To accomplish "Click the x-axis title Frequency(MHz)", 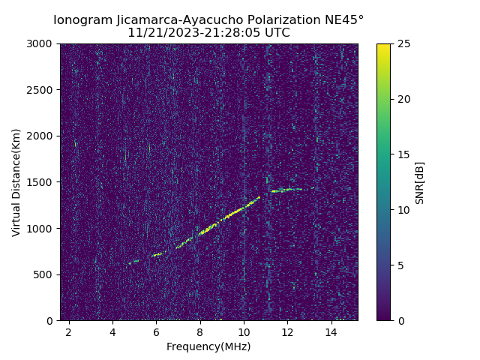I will pyautogui.click(x=208, y=346).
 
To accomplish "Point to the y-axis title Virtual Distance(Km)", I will pyautogui.click(x=16, y=182).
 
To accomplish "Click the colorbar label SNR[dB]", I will pyautogui.click(x=419, y=182).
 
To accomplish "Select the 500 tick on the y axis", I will pyautogui.click(x=46, y=274).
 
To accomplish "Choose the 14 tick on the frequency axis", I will pyautogui.click(x=331, y=331).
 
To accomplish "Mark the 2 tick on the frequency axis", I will pyautogui.click(x=69, y=331).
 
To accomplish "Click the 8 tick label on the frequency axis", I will pyautogui.click(x=200, y=331).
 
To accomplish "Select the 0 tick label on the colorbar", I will pyautogui.click(x=398, y=320).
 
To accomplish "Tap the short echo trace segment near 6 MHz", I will pyautogui.click(x=157, y=255).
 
